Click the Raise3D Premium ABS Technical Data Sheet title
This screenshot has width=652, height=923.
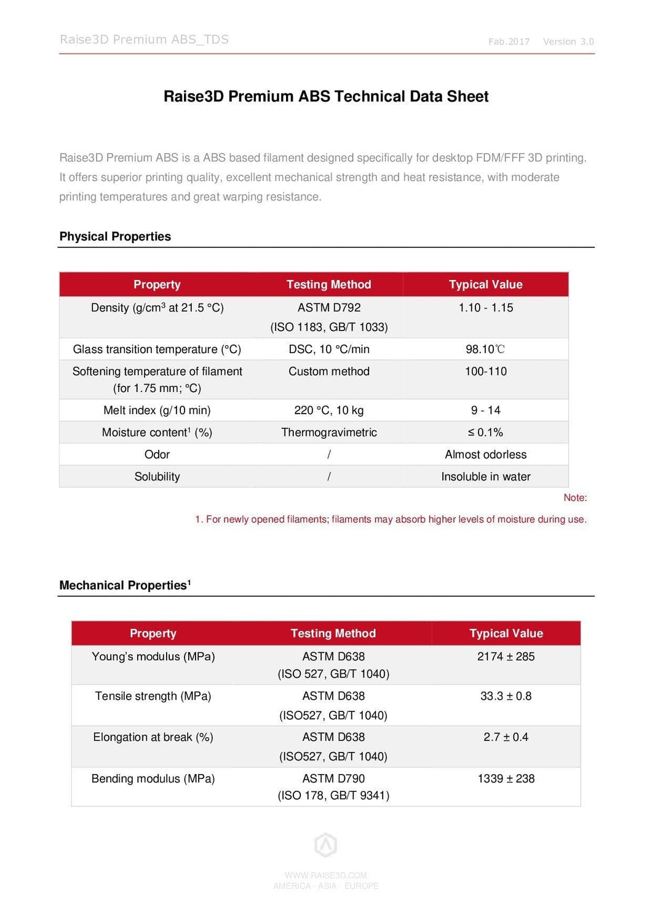[326, 97]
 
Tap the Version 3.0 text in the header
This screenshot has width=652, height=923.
[568, 42]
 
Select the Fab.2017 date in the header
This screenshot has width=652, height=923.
[509, 42]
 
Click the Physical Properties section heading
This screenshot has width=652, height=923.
[115, 237]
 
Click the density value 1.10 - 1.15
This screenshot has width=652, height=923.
[485, 308]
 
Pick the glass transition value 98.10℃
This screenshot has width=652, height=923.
[485, 350]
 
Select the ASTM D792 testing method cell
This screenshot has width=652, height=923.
[329, 308]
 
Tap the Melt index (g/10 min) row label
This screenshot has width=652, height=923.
[157, 410]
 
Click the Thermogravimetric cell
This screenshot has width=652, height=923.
[329, 433]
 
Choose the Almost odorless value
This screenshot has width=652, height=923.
[485, 455]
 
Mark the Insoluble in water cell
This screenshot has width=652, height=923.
[485, 477]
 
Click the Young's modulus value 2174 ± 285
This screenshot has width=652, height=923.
[506, 657]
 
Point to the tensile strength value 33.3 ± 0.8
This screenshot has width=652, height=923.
[506, 696]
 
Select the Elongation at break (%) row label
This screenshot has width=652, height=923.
[153, 737]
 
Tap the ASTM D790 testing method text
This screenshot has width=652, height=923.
[333, 778]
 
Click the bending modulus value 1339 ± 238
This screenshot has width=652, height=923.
[506, 778]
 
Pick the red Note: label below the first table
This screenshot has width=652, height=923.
[575, 498]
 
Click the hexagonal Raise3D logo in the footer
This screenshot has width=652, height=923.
[326, 845]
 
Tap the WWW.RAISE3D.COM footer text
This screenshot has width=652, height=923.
[326, 875]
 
